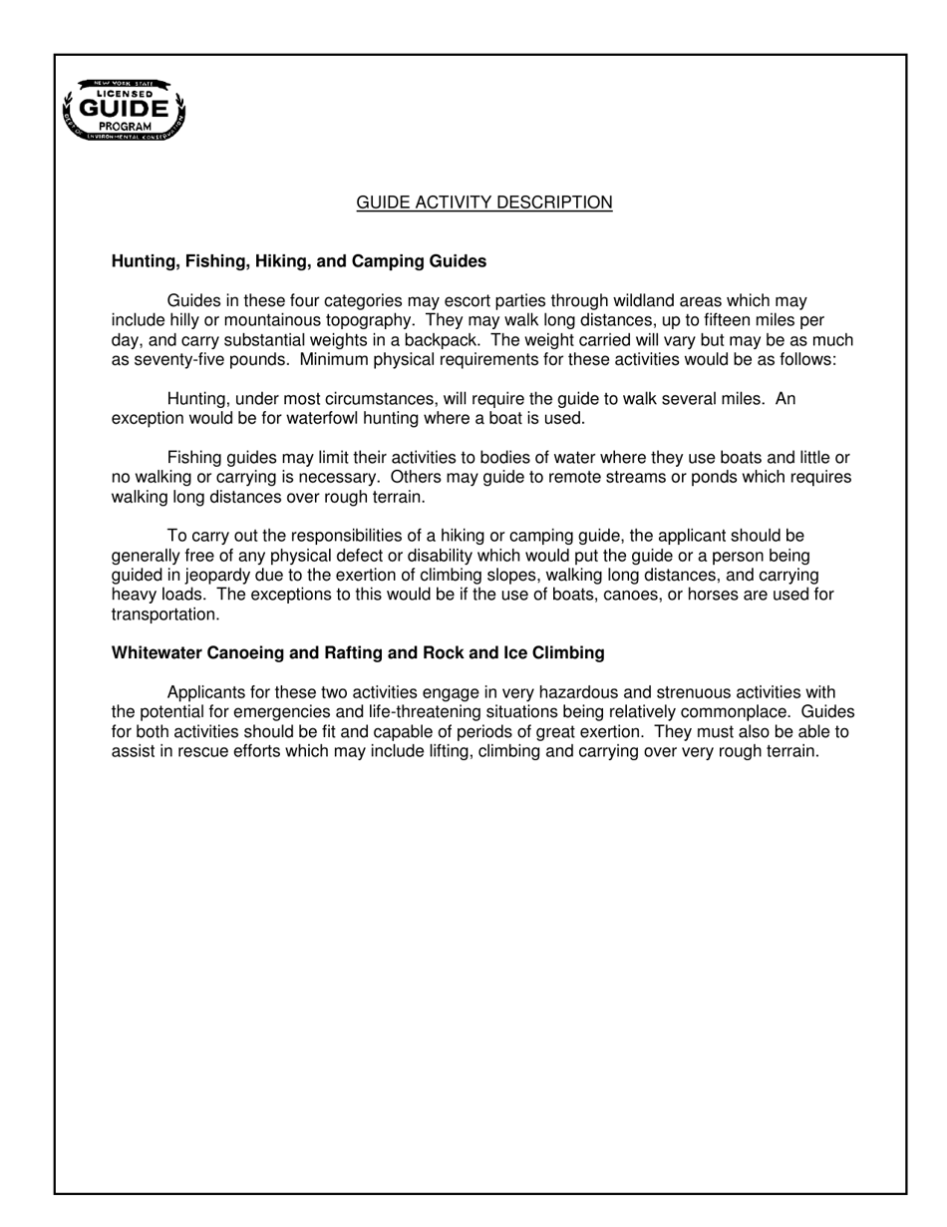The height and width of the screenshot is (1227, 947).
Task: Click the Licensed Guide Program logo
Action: click(x=125, y=109)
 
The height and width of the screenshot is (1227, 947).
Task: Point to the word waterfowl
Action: click(x=304, y=418)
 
